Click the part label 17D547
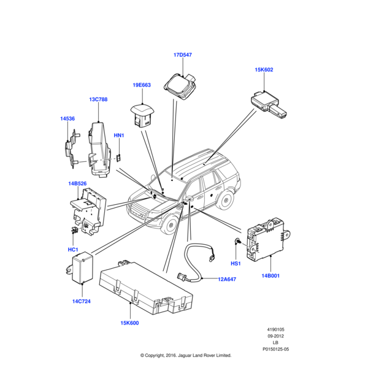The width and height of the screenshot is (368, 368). tap(183, 55)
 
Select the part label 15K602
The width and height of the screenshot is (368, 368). tap(264, 70)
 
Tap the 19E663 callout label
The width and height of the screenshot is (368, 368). tap(142, 85)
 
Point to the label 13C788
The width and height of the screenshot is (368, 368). tap(98, 99)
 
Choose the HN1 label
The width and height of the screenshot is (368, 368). tap(119, 135)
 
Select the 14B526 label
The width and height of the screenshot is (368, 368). tap(78, 183)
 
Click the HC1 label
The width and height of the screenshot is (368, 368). tap(72, 250)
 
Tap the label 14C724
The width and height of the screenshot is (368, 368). tap(81, 301)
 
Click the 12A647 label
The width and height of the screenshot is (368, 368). tap(227, 279)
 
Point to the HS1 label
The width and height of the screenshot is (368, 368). tap(236, 263)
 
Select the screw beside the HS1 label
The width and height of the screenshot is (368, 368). tap(237, 241)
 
